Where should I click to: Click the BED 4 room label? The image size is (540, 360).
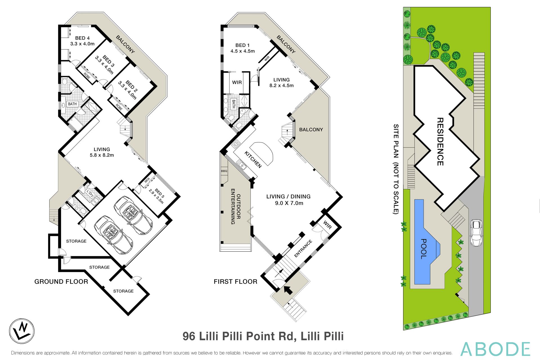point(82,38)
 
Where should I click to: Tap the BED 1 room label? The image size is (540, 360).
point(242,45)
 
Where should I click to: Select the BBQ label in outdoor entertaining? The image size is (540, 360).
point(224,171)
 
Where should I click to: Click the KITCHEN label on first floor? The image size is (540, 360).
point(253,159)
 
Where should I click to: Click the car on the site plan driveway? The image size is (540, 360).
point(476,233)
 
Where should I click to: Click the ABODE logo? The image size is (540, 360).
point(495,349)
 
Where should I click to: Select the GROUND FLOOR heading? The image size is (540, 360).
point(61,282)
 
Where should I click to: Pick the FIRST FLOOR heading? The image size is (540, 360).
point(235,282)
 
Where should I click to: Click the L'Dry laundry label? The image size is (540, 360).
point(90,193)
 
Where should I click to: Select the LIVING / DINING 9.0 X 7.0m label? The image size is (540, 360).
point(289,200)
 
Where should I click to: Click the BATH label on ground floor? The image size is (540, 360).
point(72,104)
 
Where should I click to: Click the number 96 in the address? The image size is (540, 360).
point(189,336)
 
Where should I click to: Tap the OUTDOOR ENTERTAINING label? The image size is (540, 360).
point(235,206)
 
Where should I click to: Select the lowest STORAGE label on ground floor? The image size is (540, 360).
point(123,291)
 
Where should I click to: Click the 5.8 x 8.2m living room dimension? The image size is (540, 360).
point(102,155)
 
